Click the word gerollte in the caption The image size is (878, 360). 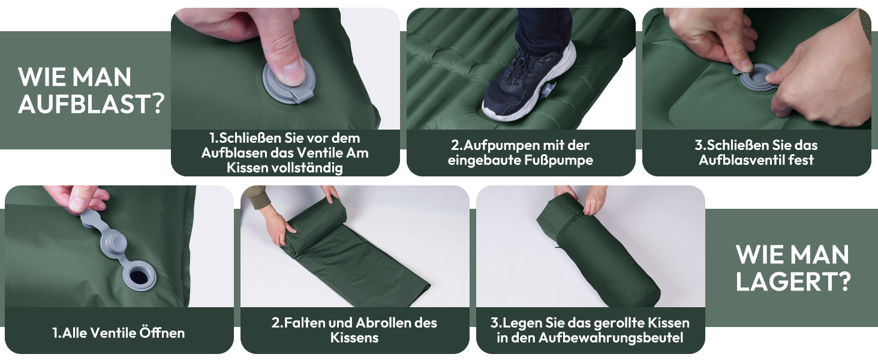point(619,323)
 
